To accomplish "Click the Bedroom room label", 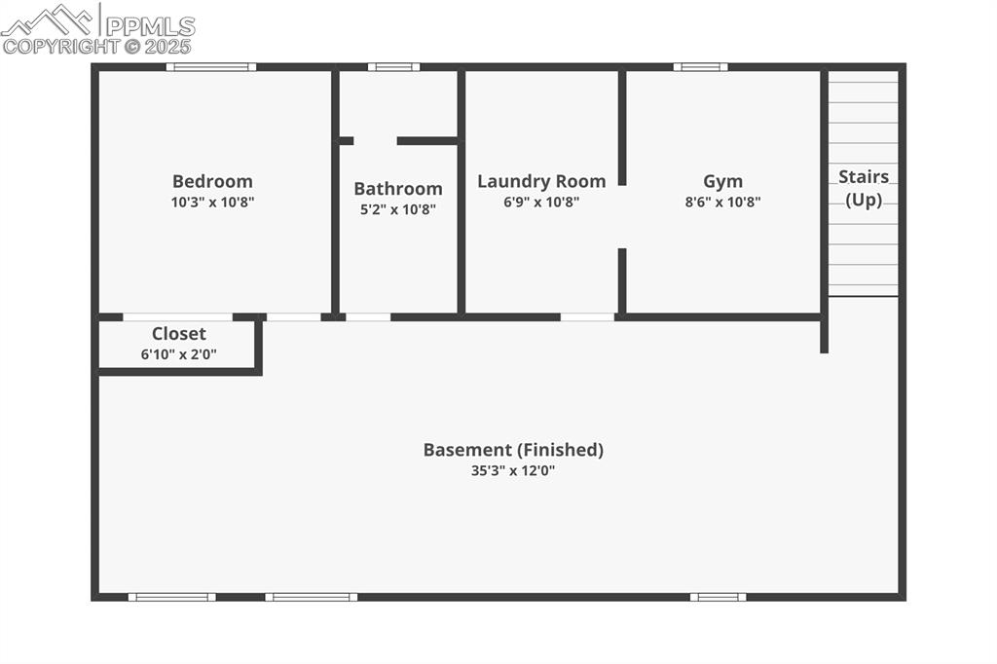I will pyautogui.click(x=212, y=181).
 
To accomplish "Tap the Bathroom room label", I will pyautogui.click(x=397, y=189).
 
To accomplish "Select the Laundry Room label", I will pyautogui.click(x=541, y=181).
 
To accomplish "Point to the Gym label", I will pyautogui.click(x=722, y=181).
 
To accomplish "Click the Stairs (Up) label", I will pyautogui.click(x=864, y=188).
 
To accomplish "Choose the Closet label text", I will pyautogui.click(x=179, y=334).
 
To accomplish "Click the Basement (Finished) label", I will pyautogui.click(x=513, y=450).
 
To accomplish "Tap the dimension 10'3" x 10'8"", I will pyautogui.click(x=212, y=203).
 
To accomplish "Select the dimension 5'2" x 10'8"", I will pyautogui.click(x=397, y=209).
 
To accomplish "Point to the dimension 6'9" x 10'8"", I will pyautogui.click(x=541, y=203).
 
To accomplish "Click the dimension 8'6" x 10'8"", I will pyautogui.click(x=722, y=203).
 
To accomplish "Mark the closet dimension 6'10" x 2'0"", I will pyautogui.click(x=179, y=354).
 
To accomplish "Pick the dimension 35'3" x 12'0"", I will pyautogui.click(x=513, y=471).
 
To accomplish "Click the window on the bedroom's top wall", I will pyautogui.click(x=210, y=67).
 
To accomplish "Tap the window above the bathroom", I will pyautogui.click(x=393, y=67).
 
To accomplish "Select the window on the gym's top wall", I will pyautogui.click(x=700, y=67).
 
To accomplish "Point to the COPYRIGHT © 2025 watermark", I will pyautogui.click(x=97, y=46).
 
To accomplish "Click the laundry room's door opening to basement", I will pyautogui.click(x=588, y=316).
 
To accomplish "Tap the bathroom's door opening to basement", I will pyautogui.click(x=368, y=316).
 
